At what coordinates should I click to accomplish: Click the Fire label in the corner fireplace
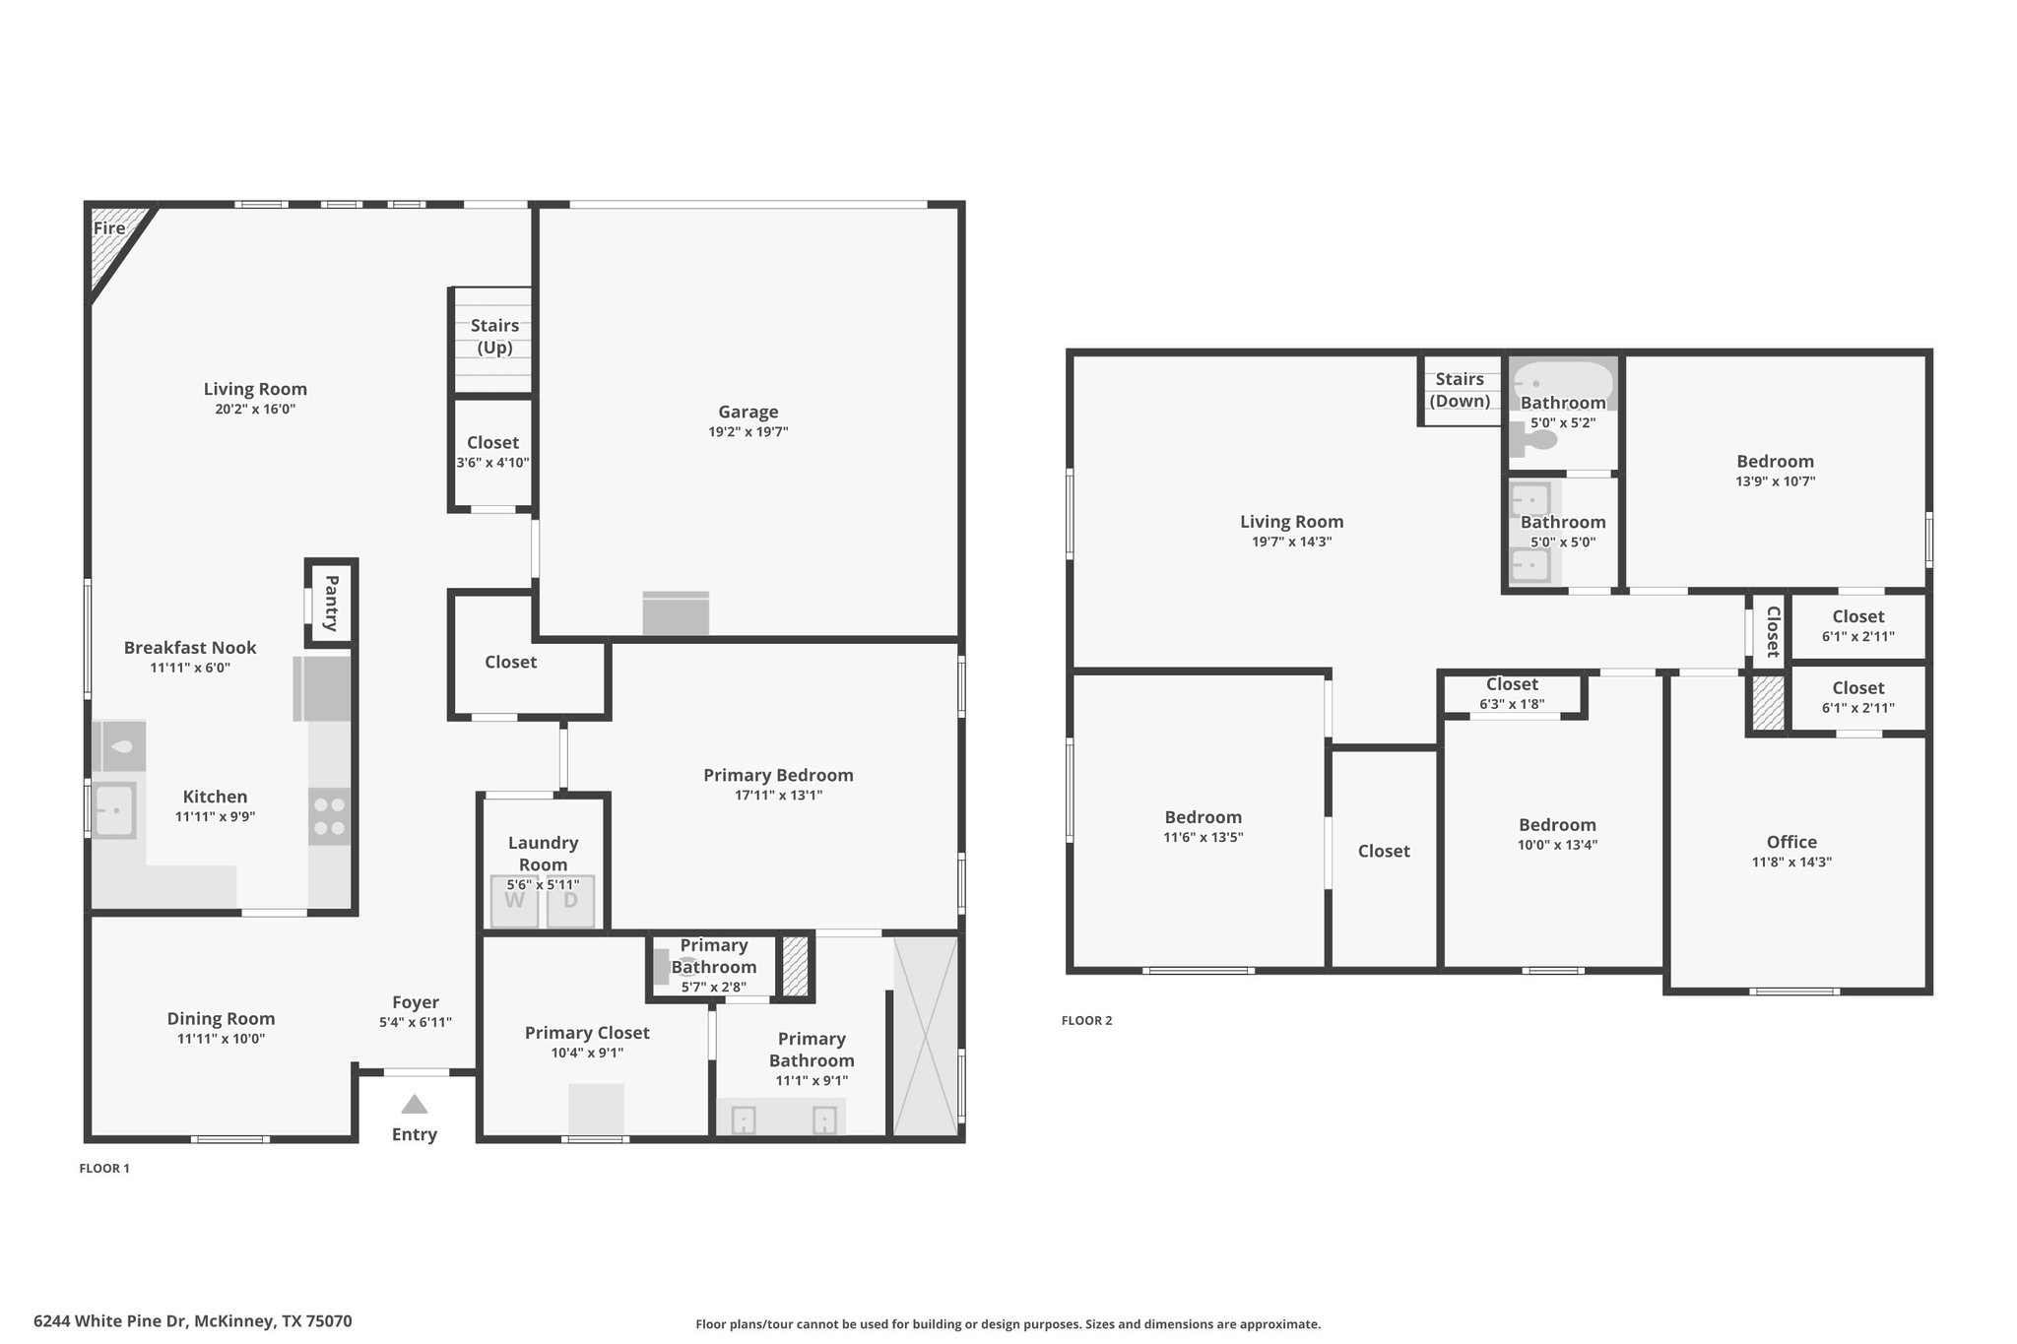[109, 228]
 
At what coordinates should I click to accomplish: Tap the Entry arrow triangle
[415, 1104]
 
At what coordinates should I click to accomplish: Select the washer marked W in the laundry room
[515, 901]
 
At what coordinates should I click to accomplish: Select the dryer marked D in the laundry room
[571, 901]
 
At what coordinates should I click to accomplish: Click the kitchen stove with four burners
[329, 816]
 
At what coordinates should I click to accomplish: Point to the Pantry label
[332, 603]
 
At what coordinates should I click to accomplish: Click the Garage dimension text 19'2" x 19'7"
[748, 432]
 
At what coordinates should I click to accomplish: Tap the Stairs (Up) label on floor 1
[494, 336]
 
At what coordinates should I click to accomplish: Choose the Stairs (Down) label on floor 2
[1460, 390]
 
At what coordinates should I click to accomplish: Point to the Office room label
[1791, 842]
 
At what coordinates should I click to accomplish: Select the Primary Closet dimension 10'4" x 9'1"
[587, 1054]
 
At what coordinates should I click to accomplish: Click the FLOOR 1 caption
[104, 1169]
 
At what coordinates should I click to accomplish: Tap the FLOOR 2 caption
[1087, 1021]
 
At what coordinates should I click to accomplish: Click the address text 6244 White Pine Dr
[111, 1321]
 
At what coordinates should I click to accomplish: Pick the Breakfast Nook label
[190, 648]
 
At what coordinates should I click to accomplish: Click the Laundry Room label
[543, 854]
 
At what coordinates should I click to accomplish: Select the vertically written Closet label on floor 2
[1774, 631]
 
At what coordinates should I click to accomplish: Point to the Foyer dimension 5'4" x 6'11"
[416, 1023]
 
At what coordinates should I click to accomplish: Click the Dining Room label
[221, 1019]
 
